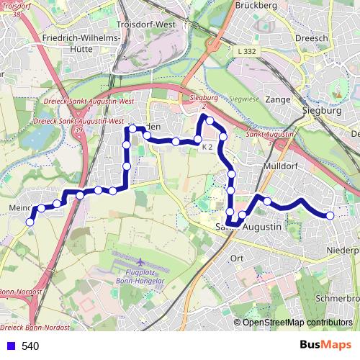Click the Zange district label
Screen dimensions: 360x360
coord(277,99)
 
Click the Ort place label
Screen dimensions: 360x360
coord(236,258)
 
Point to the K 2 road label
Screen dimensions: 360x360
coord(207,148)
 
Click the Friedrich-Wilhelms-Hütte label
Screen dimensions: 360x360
coord(81,42)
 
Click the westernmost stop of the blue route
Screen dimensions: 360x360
coord(30,222)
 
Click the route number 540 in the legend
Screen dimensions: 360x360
coord(30,346)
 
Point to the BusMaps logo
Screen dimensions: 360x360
coord(325,346)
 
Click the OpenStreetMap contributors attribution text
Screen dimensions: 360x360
coord(297,322)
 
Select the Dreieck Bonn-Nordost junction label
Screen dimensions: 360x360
coord(35,327)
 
